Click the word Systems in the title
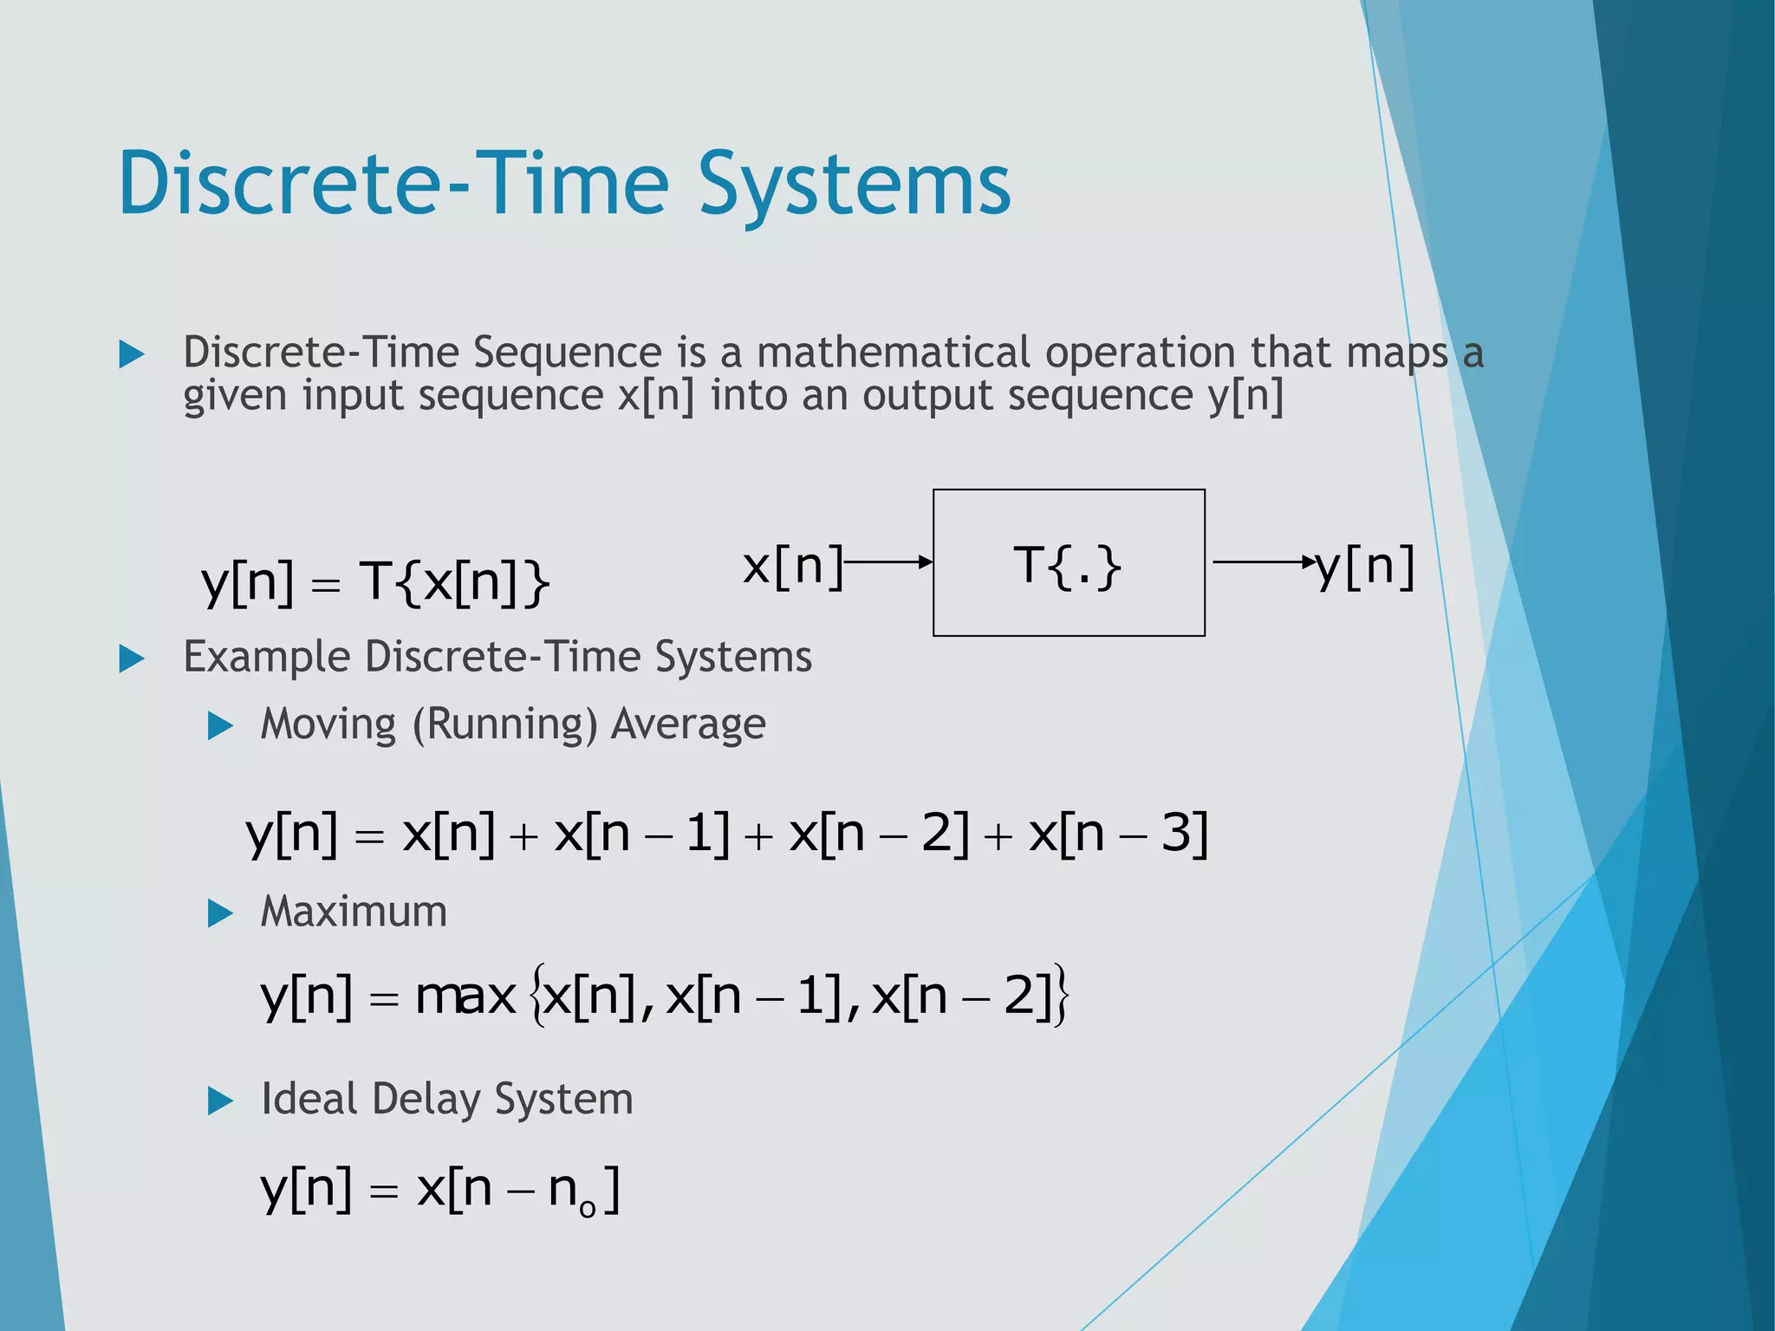click(x=854, y=184)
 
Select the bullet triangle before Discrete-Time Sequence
click(x=131, y=354)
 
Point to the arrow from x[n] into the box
click(x=888, y=562)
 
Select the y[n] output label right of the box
click(x=1366, y=568)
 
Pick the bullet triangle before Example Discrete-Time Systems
click(x=131, y=659)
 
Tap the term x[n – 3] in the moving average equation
click(x=1117, y=834)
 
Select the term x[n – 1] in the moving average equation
click(x=641, y=834)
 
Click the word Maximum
click(x=354, y=912)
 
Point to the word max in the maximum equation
click(x=465, y=997)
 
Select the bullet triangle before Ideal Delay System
click(x=221, y=1101)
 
